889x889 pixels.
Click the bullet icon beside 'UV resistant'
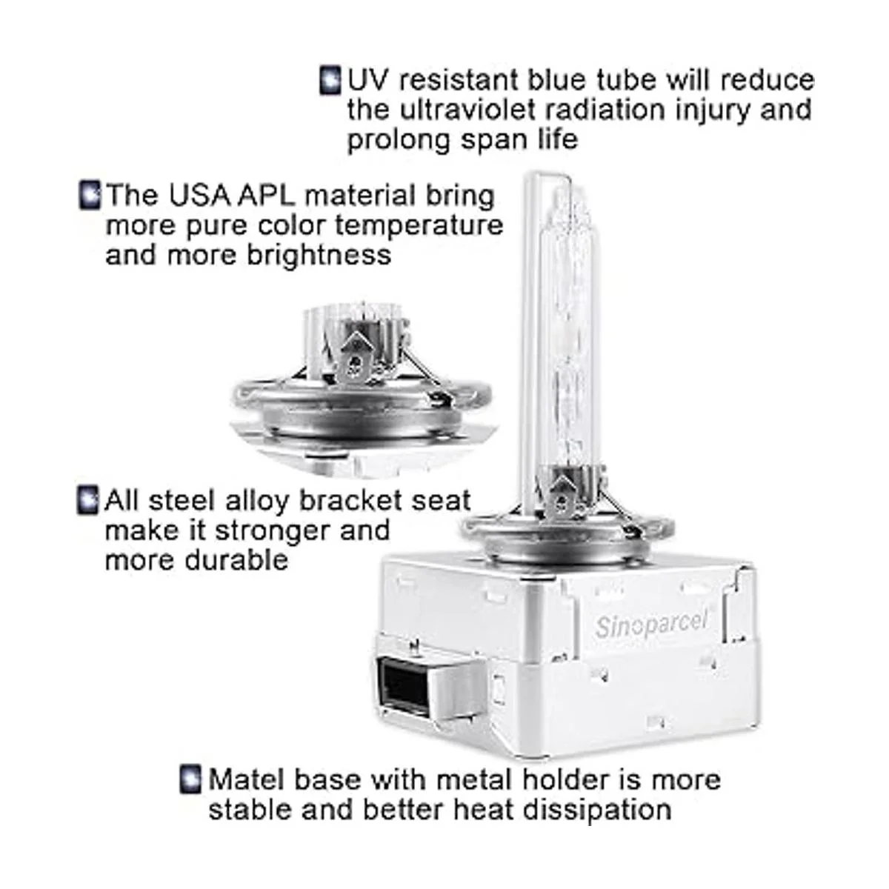[x=330, y=81]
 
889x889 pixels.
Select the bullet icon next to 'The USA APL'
[x=89, y=195]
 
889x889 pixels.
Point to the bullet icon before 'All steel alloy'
[x=87, y=500]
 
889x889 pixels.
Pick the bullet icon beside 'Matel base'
[x=190, y=779]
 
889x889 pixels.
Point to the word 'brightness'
[x=319, y=255]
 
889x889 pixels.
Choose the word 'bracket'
[x=350, y=501]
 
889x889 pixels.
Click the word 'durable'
[x=236, y=561]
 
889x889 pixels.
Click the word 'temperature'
[x=419, y=226]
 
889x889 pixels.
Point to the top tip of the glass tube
[x=547, y=173]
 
